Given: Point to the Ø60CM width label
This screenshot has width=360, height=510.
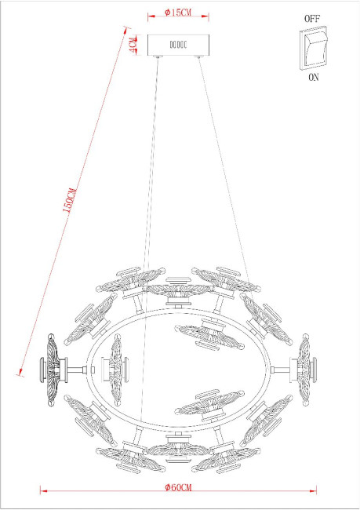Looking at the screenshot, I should click(179, 486).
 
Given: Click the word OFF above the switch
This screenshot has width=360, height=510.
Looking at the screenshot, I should click(312, 16).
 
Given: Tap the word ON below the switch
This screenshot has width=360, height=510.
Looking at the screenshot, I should click(312, 78).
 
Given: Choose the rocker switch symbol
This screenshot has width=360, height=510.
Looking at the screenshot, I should click(312, 46).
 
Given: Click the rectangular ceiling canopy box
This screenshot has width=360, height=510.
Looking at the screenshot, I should click(179, 46).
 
